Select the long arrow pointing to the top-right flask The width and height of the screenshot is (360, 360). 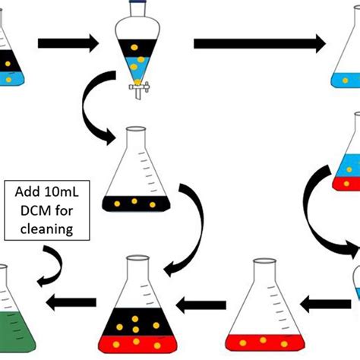[x=258, y=43]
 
